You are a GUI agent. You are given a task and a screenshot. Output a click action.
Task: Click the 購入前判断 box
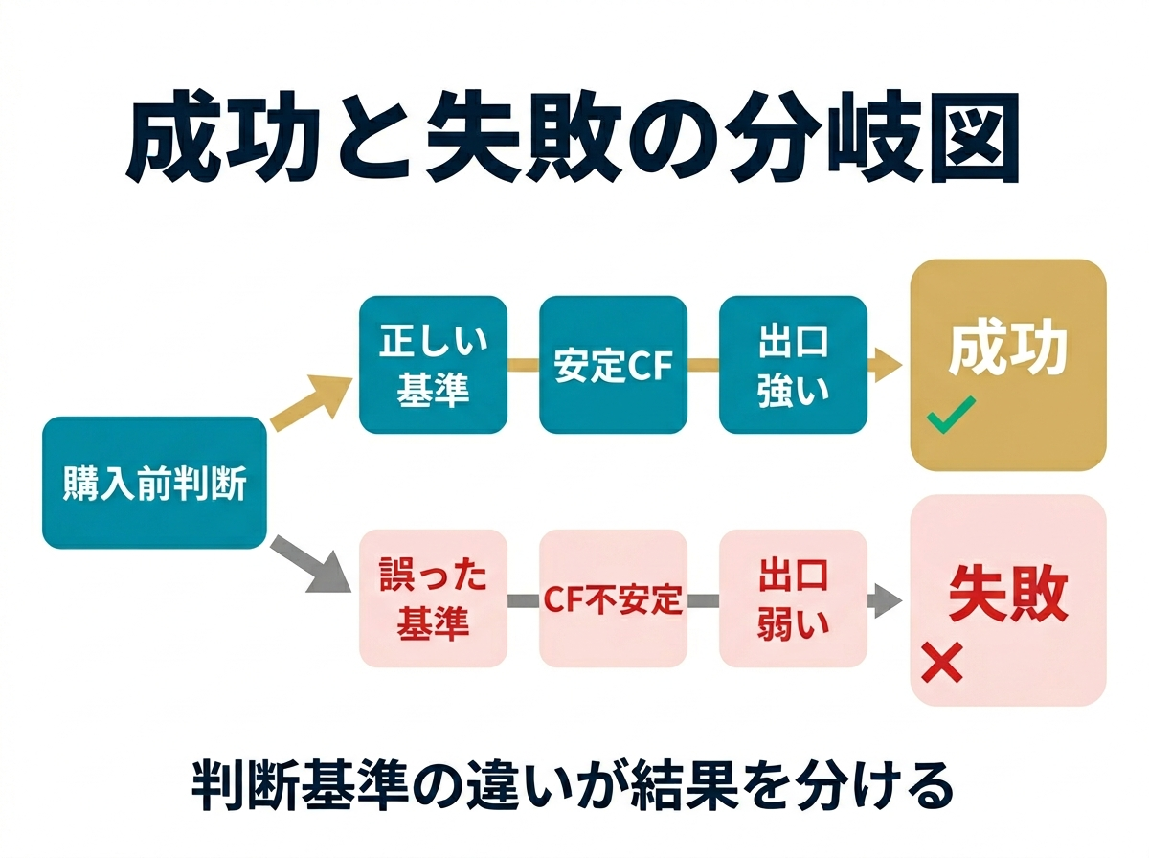[x=153, y=483]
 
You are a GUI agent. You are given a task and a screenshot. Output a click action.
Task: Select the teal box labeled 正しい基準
[x=433, y=365]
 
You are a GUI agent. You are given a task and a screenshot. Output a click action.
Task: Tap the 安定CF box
[x=613, y=365]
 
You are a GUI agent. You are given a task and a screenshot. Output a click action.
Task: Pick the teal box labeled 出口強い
[x=793, y=365]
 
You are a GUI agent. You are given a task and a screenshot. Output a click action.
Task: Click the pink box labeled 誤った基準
[x=433, y=598]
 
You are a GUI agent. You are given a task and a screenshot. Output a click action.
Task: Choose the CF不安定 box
[x=613, y=598]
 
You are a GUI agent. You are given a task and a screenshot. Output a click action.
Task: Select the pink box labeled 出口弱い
[x=793, y=598]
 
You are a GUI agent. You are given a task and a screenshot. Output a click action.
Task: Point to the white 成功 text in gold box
[x=1007, y=350]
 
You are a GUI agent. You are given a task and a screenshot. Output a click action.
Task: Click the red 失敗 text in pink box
[x=1007, y=594]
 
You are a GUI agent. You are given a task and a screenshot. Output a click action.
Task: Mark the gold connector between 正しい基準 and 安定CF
[x=523, y=365]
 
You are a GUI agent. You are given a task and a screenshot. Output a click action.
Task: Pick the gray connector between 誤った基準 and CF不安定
[x=523, y=600]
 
